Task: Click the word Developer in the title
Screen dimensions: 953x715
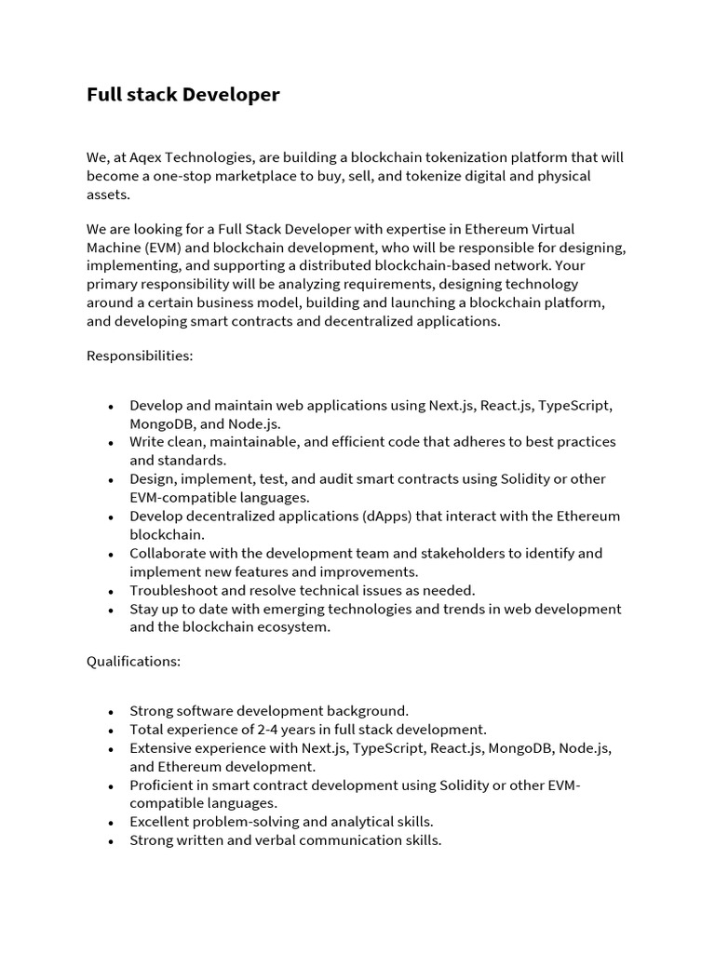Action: pyautogui.click(x=234, y=95)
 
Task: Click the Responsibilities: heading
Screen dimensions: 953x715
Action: pyautogui.click(x=140, y=356)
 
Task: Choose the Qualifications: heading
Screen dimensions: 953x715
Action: pyautogui.click(x=133, y=662)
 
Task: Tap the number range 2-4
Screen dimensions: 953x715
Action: pyautogui.click(x=277, y=730)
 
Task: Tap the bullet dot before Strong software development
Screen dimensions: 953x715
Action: pyautogui.click(x=111, y=712)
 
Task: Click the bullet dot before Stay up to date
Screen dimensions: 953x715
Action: pyautogui.click(x=111, y=610)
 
